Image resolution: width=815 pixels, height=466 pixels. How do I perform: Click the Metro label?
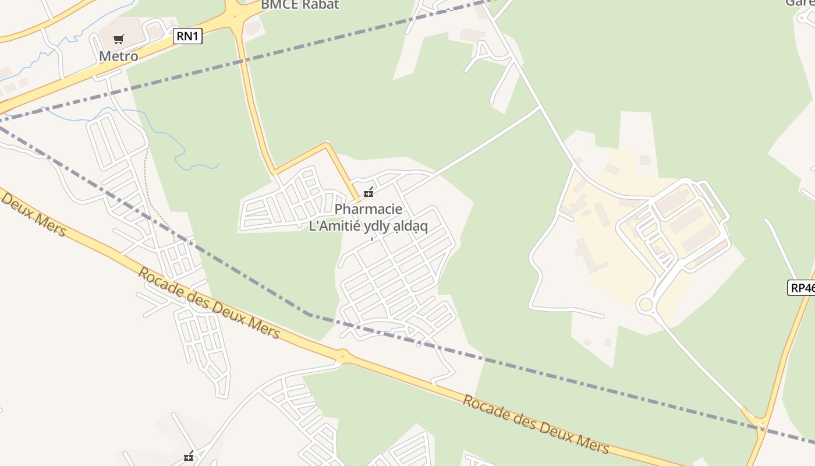pos(119,57)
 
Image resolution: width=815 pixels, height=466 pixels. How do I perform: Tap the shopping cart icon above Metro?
pos(119,40)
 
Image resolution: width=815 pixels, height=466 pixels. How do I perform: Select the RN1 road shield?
pos(187,36)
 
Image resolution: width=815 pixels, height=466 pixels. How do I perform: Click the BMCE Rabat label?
pos(299,5)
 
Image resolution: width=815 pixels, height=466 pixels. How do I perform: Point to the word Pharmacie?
pos(368,209)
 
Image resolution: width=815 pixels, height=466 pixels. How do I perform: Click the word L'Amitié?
pos(333,226)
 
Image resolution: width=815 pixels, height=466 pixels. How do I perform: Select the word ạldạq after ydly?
pos(410,226)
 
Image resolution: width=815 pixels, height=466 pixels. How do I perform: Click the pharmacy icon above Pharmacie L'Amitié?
pos(368,192)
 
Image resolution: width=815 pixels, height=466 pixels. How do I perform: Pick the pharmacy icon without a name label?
pos(188,457)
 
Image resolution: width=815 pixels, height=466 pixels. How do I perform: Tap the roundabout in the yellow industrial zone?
pos(645,304)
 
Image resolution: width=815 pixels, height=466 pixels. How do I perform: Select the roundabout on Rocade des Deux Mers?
pos(342,355)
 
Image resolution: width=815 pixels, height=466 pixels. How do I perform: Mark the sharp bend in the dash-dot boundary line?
pos(309,315)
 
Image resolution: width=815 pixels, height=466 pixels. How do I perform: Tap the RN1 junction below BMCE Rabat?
pos(234,15)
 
